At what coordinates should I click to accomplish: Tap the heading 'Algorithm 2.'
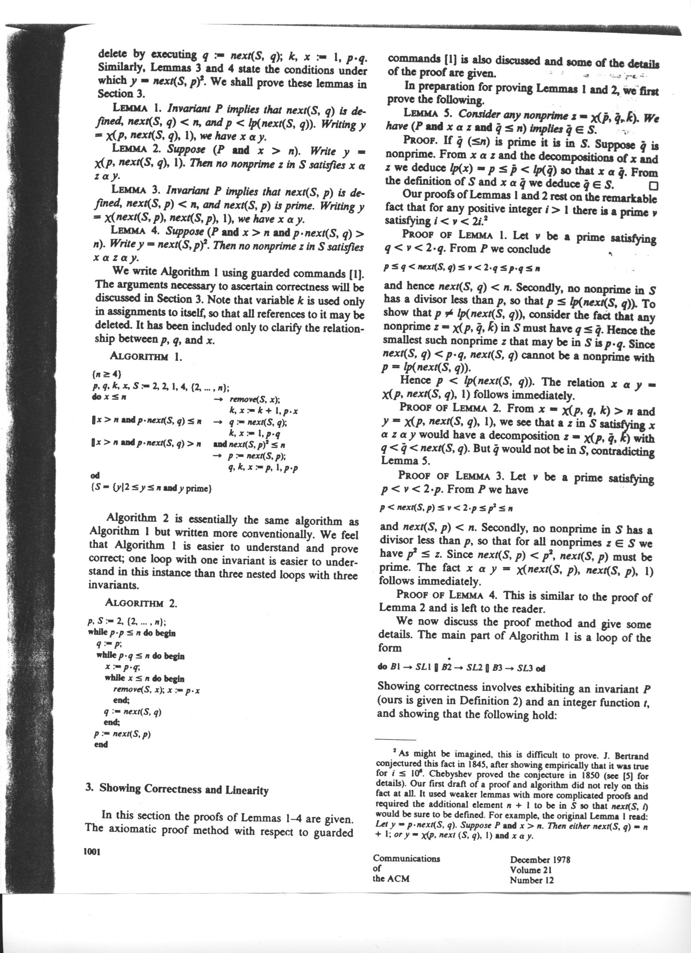point(141,603)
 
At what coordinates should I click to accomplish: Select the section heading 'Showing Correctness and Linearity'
point(184,790)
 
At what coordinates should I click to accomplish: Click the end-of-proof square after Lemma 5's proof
point(652,185)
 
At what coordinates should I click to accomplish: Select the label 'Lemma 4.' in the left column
point(135,231)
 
